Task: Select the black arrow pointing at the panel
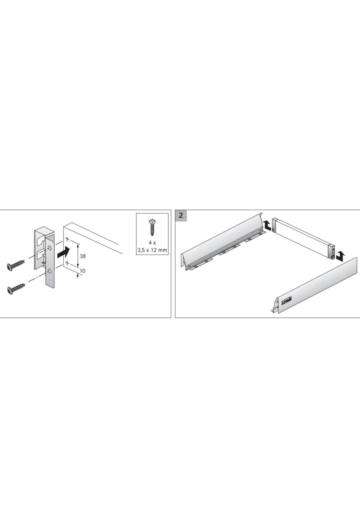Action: point(63,251)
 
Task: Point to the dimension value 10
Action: point(83,271)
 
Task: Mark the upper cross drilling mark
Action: point(67,239)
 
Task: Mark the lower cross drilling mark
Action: point(67,263)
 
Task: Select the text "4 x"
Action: point(152,243)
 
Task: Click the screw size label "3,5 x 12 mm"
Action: point(152,250)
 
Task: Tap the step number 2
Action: point(181,215)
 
